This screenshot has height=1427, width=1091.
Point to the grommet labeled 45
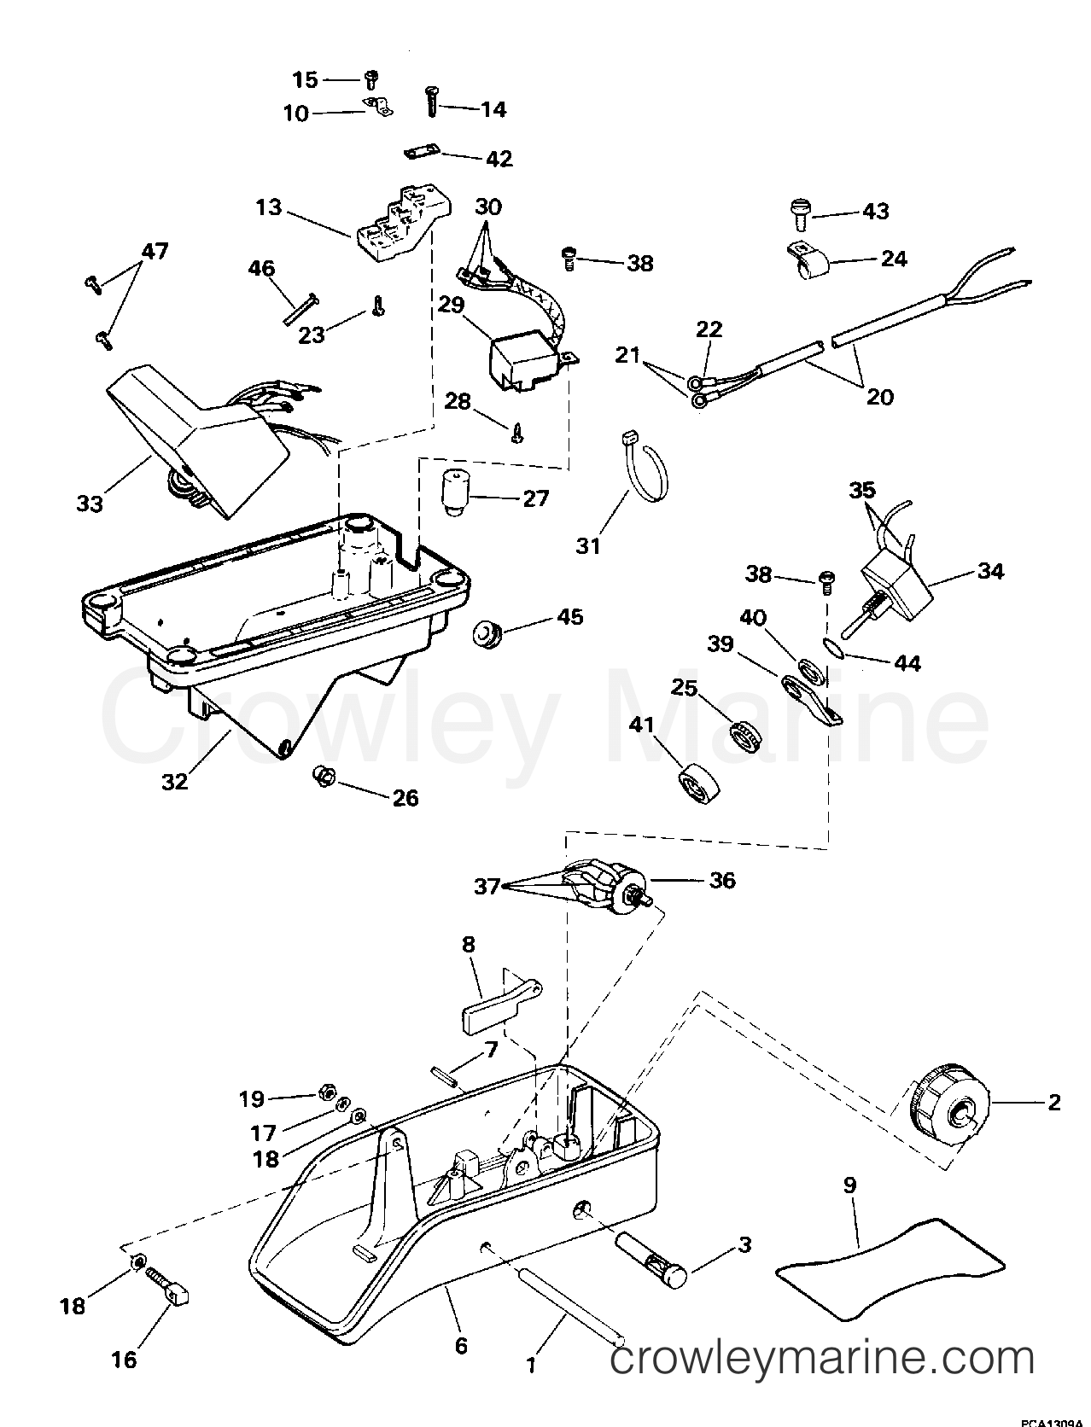pos(487,635)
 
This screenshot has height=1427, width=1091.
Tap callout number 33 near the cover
pos(90,503)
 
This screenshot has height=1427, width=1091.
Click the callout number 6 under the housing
pos(461,1346)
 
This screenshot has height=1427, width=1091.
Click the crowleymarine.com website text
pos(823,1356)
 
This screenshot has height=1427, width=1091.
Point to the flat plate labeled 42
pos(419,152)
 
